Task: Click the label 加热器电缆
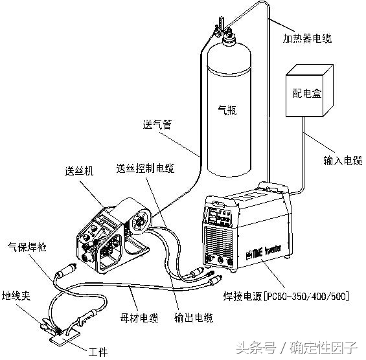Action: coord(307,39)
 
